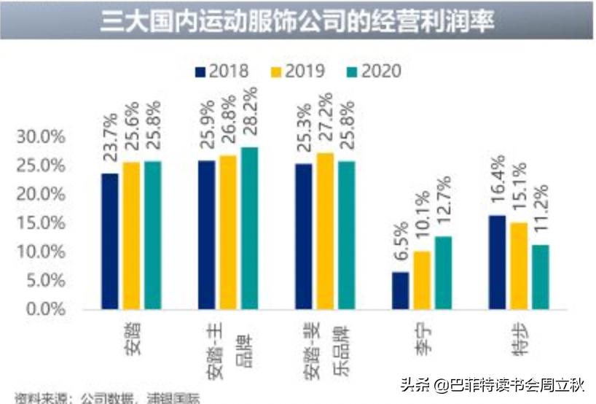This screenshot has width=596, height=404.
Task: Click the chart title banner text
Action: coord(297,21)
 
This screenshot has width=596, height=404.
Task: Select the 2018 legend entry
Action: coord(222,71)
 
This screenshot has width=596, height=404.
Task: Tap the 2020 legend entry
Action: coord(374,71)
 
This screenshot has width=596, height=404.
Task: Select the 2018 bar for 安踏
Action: coord(110,241)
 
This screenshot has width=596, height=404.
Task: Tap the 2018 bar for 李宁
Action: coord(401,290)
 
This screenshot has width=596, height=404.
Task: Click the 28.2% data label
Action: coord(249,117)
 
